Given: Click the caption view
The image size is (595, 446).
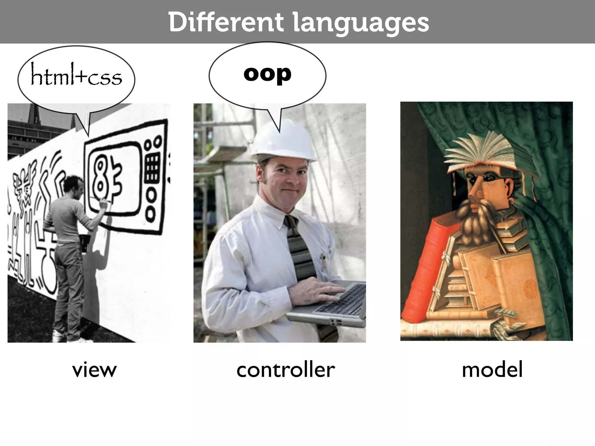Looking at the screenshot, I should (x=94, y=370).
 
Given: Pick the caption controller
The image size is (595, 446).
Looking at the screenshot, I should (x=286, y=370).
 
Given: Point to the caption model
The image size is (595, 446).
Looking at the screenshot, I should (x=492, y=370).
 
